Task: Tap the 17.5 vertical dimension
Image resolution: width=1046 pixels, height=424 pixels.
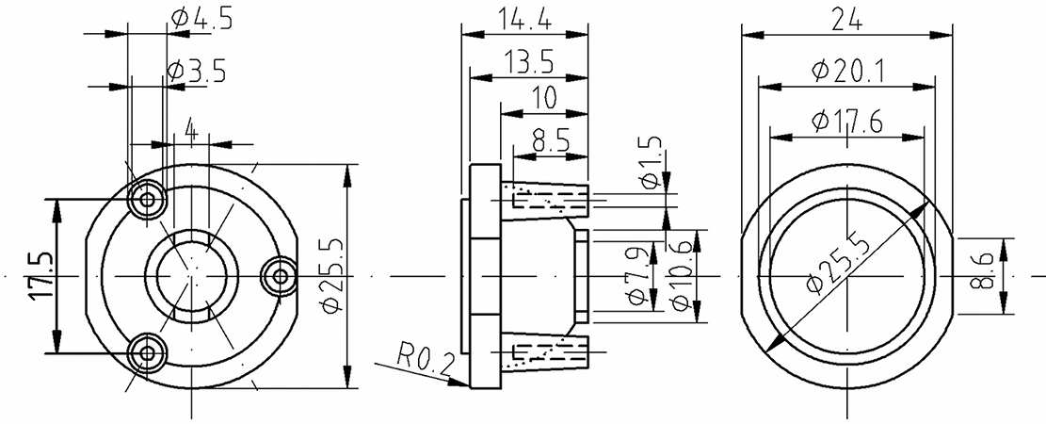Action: click(x=40, y=275)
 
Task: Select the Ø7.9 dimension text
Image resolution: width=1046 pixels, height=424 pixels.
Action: click(x=637, y=274)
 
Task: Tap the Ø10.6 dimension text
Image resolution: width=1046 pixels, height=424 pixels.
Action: click(x=681, y=274)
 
